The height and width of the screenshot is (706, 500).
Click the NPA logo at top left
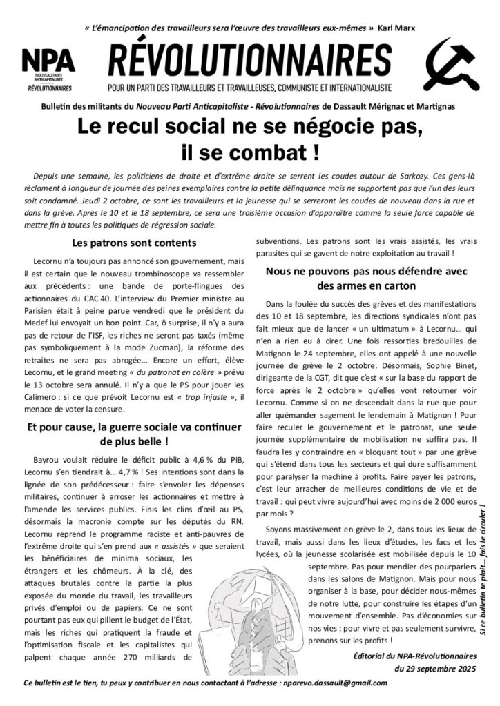click(48, 68)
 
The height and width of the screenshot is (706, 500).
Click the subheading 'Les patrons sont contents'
click(134, 243)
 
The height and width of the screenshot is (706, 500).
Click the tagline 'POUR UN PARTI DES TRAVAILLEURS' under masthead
click(250, 88)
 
